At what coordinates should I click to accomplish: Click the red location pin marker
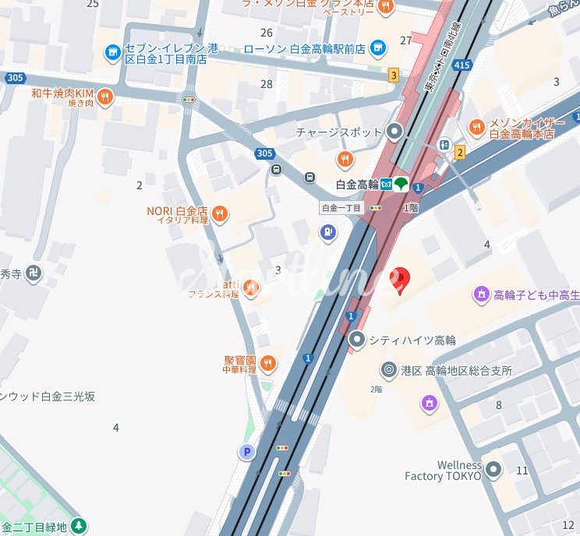(x=399, y=280)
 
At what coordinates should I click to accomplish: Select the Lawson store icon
(x=379, y=48)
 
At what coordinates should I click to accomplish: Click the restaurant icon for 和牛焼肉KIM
(x=106, y=97)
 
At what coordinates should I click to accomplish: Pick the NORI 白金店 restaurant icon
(x=220, y=213)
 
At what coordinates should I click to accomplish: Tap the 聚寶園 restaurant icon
(x=268, y=363)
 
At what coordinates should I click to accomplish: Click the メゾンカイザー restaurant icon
(x=476, y=127)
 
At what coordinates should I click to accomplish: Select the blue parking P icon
(x=247, y=452)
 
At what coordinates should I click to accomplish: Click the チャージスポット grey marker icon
(x=395, y=132)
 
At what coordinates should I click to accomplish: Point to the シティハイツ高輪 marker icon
(x=357, y=339)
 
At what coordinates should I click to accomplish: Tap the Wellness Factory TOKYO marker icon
(x=493, y=470)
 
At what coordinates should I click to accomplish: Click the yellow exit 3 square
(x=394, y=75)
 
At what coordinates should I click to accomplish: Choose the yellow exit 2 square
(x=460, y=152)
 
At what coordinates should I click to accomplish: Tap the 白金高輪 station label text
(x=356, y=185)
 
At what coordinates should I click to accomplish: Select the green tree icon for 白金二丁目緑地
(x=79, y=527)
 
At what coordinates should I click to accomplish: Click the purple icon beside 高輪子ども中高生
(x=482, y=294)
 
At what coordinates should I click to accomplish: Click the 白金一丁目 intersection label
(x=341, y=208)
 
